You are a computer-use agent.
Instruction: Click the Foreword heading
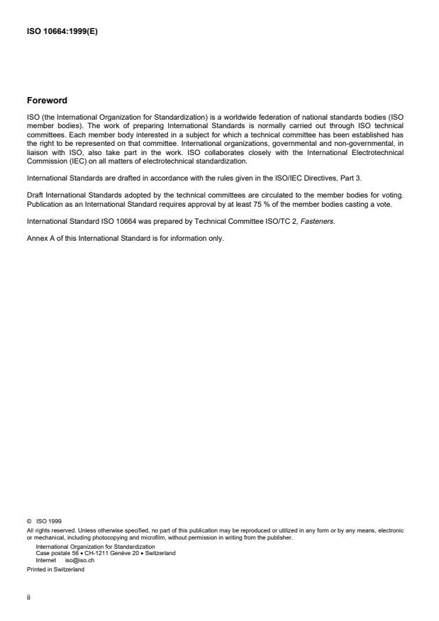click(x=48, y=100)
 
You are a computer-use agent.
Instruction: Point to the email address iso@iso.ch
click(x=79, y=559)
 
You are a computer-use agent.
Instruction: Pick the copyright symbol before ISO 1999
click(x=28, y=520)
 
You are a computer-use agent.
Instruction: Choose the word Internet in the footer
click(x=45, y=559)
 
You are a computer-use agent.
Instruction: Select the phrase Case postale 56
click(x=52, y=552)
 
